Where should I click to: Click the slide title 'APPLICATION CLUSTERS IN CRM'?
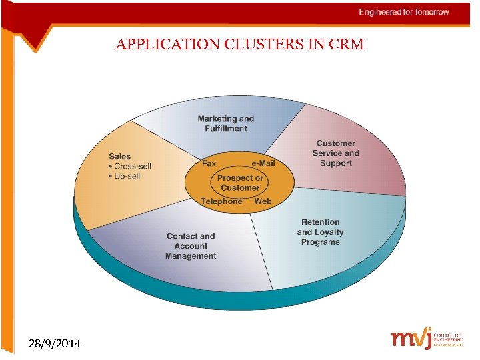click(x=239, y=45)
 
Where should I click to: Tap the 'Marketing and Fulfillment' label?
click(x=225, y=123)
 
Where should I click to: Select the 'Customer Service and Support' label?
click(x=336, y=153)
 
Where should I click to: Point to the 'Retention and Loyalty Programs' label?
click(x=320, y=232)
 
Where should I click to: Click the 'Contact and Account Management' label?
click(x=191, y=245)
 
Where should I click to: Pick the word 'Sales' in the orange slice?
click(x=120, y=156)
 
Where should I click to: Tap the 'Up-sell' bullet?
click(x=127, y=176)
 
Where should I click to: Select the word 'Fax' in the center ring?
click(x=209, y=163)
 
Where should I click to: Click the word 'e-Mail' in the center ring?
click(x=263, y=163)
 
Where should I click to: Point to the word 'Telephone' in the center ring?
click(x=221, y=201)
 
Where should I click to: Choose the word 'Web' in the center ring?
click(x=263, y=201)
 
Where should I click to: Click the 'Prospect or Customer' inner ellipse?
click(x=239, y=183)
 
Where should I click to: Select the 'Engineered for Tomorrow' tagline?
click(x=404, y=12)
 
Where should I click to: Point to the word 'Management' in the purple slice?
click(x=191, y=256)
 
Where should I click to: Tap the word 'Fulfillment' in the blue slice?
click(x=225, y=129)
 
